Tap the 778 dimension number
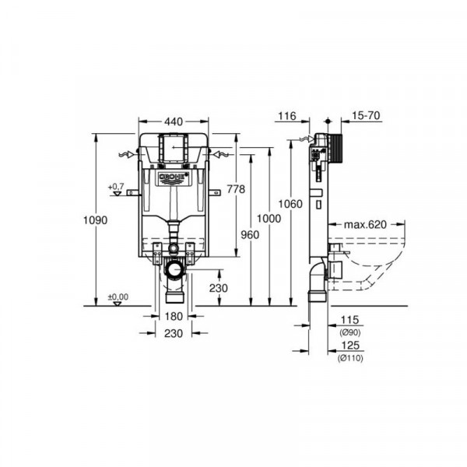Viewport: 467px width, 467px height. [234, 189]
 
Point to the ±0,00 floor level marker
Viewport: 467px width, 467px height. [117, 297]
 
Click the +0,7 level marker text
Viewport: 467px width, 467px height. [116, 186]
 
